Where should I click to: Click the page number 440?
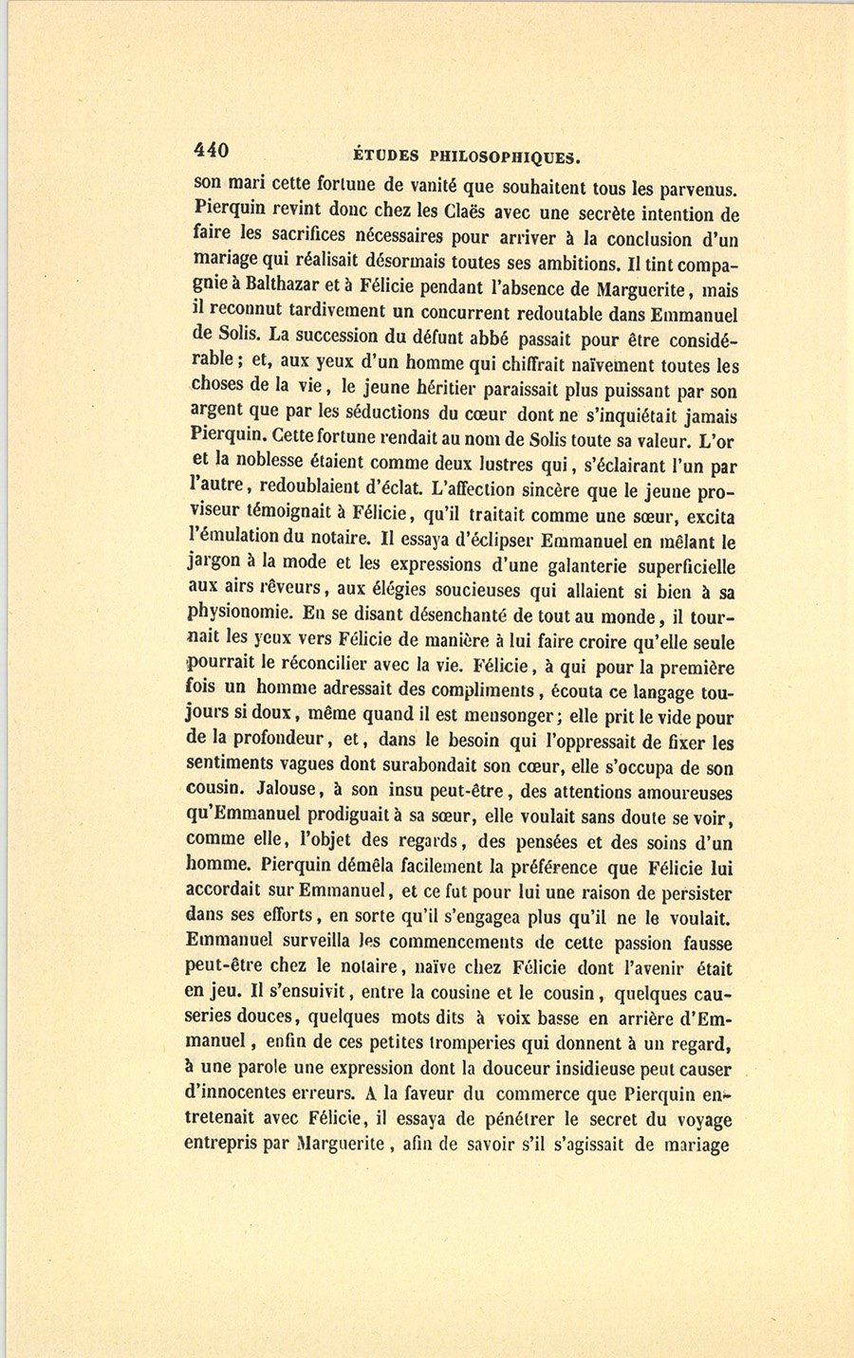tap(212, 151)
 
